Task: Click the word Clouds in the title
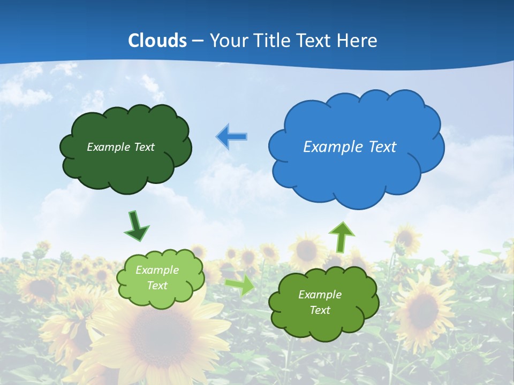click(x=157, y=41)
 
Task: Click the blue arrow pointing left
click(x=231, y=137)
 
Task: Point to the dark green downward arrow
click(x=136, y=226)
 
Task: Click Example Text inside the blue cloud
click(x=350, y=147)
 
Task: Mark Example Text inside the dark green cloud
click(x=120, y=147)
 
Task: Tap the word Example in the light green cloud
click(x=157, y=270)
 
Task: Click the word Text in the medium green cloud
click(x=320, y=310)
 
